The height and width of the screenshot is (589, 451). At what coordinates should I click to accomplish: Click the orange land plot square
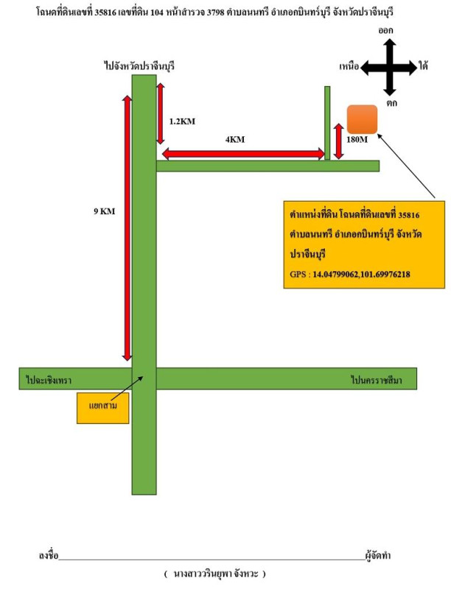click(x=363, y=119)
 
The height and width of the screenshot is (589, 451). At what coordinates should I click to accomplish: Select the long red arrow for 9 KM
click(x=127, y=228)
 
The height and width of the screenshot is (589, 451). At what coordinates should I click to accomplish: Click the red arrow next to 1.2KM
click(x=161, y=113)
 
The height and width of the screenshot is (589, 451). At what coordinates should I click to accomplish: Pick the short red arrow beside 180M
click(x=339, y=141)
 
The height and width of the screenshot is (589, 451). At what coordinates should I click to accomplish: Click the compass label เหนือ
click(x=349, y=67)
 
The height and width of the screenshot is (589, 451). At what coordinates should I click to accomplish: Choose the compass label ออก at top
click(x=386, y=30)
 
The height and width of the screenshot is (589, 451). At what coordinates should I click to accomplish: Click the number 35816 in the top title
click(x=109, y=13)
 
